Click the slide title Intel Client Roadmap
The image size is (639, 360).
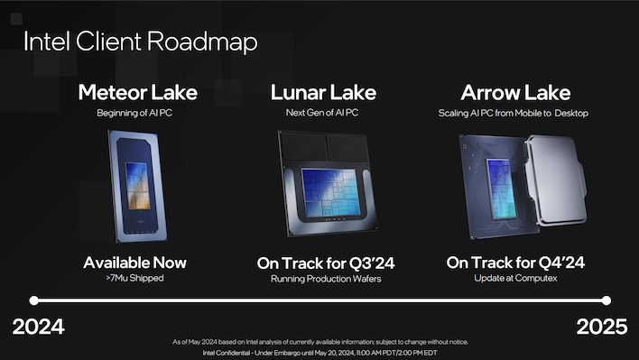[x=140, y=42]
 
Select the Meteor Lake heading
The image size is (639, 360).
[x=137, y=92]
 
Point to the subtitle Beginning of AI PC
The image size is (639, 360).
[x=137, y=113]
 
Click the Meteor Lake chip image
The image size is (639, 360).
[x=137, y=185]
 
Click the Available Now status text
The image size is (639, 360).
[x=135, y=263]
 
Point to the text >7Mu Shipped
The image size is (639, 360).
[x=135, y=280]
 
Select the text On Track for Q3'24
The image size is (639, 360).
[x=326, y=263]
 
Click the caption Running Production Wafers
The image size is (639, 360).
[x=326, y=280]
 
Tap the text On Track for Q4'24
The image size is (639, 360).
[x=515, y=263]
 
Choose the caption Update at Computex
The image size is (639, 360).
[x=515, y=280]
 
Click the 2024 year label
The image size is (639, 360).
[x=38, y=327]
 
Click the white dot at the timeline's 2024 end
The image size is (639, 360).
[x=32, y=300]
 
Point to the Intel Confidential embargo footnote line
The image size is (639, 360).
[x=320, y=352]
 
